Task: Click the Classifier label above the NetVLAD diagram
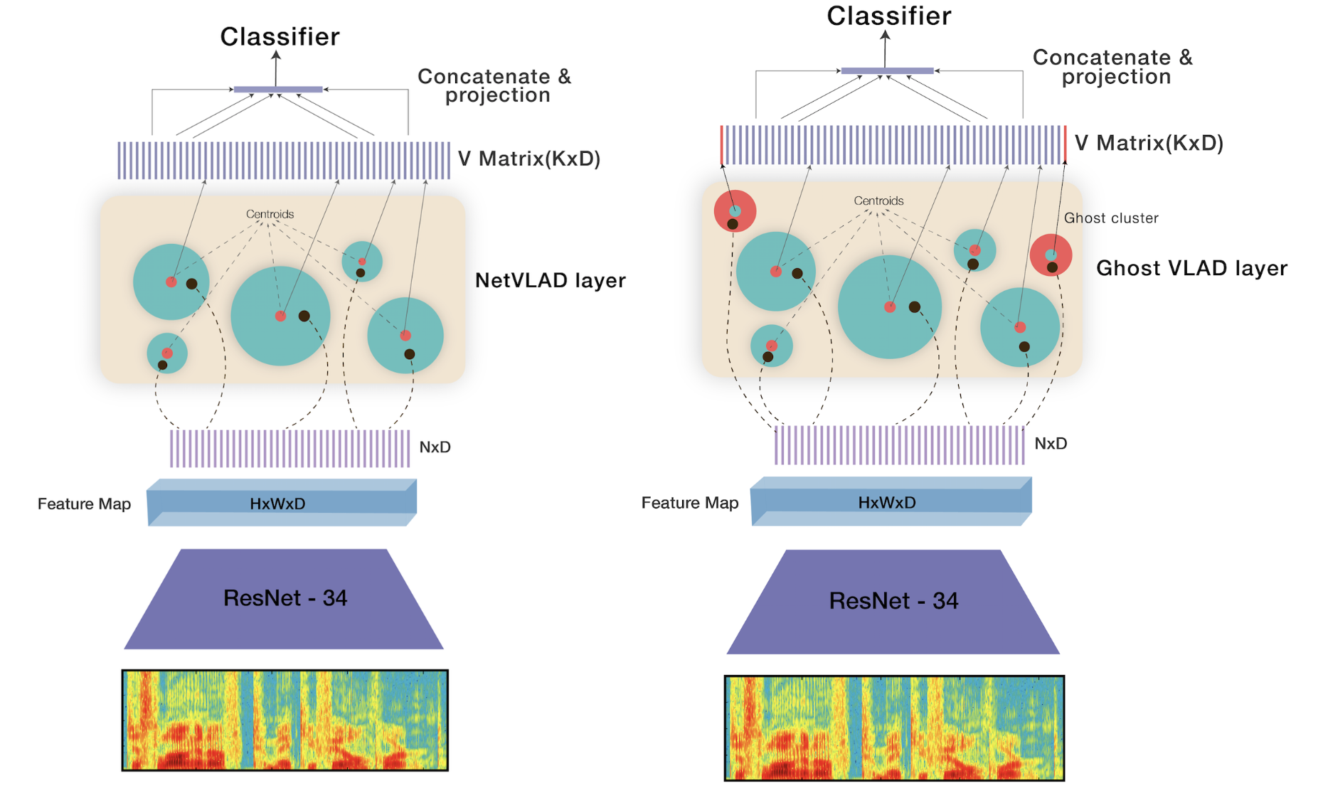pos(280,37)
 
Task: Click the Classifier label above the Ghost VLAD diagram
pos(888,16)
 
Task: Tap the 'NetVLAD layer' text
pos(550,280)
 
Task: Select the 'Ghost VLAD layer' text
pos(1191,268)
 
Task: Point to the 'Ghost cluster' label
pos(1111,218)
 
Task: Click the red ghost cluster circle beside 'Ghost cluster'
pos(1051,255)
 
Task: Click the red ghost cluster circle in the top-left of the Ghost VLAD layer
pos(735,210)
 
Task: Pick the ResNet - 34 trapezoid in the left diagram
pos(284,599)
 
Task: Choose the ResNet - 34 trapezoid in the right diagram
pos(893,602)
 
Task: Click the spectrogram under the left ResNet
pos(285,720)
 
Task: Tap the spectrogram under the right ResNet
pos(894,727)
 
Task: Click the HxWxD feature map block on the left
pos(282,503)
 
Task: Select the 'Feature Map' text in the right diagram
pos(690,503)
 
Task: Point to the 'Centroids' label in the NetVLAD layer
pos(270,214)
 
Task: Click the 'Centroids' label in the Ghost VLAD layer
pos(878,201)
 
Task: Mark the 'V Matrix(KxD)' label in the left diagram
pos(529,159)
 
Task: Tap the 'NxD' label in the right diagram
pos(1051,444)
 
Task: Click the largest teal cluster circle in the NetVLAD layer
pos(280,316)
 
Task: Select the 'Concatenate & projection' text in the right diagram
pos(1113,67)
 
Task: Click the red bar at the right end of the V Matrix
pos(1065,144)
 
